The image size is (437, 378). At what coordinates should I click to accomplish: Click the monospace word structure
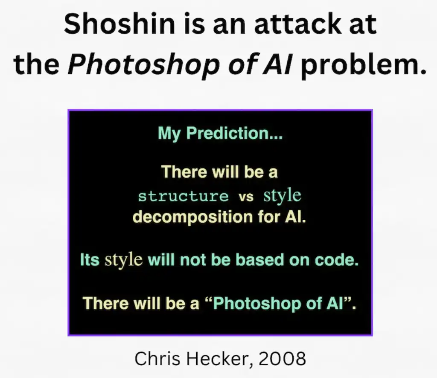tap(184, 196)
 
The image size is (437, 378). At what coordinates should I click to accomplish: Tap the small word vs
tap(246, 197)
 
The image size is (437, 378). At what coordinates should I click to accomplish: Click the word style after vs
tap(282, 195)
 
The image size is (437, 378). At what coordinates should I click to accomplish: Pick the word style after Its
tap(123, 260)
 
